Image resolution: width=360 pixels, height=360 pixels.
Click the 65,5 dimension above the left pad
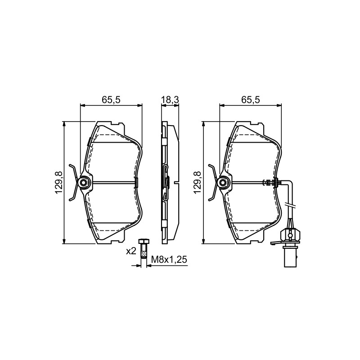click(x=111, y=100)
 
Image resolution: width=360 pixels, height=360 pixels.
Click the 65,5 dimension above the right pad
click(x=251, y=100)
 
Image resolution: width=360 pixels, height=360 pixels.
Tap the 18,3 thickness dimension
click(x=170, y=100)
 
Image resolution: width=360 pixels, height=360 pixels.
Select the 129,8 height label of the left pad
click(x=58, y=183)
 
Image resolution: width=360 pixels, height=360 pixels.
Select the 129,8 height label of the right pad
click(x=198, y=183)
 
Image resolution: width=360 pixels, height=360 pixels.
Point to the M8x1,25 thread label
click(x=169, y=260)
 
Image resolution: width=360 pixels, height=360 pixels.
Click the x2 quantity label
click(x=131, y=251)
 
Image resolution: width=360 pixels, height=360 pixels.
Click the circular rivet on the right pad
click(x=222, y=183)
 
